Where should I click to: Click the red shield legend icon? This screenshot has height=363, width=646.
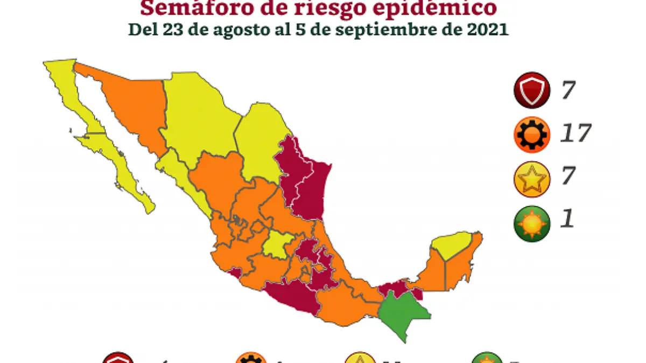(531, 90)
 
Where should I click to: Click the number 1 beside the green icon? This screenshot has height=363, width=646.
(567, 220)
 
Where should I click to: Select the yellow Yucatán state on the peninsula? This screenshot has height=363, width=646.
(459, 246)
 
